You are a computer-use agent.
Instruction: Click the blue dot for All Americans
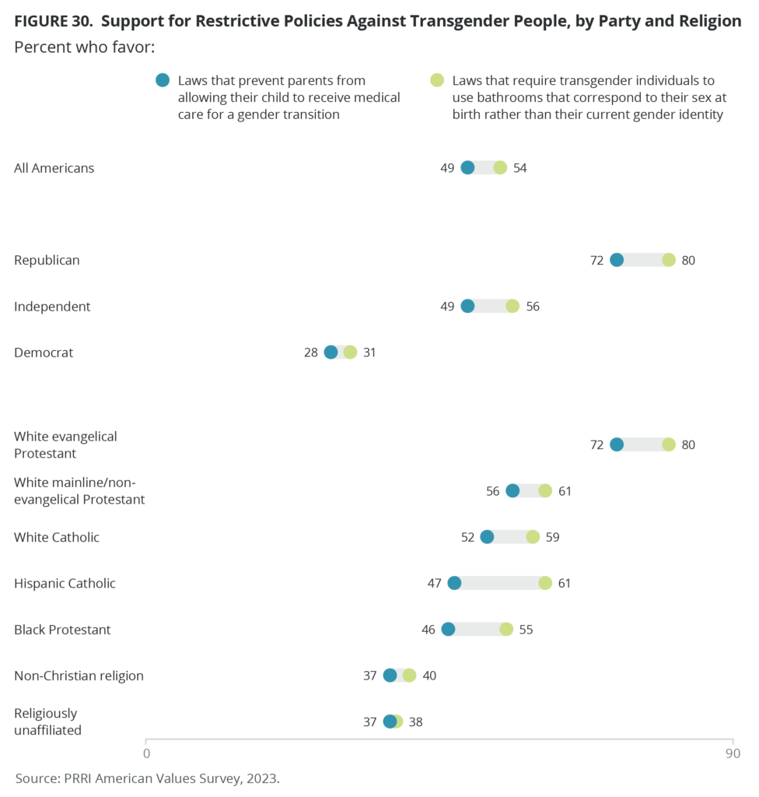point(467,167)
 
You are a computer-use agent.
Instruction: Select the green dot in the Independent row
point(512,306)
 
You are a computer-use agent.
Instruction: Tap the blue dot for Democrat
point(331,352)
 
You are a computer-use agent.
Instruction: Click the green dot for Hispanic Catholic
point(545,583)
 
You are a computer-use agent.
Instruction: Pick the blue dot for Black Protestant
point(448,629)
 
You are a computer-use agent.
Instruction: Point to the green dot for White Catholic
point(533,537)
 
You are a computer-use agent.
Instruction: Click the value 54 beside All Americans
point(520,168)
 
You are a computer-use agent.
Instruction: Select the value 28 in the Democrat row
point(311,353)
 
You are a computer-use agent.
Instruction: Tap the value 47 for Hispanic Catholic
point(434,583)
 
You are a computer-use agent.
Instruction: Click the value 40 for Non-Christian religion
point(429,676)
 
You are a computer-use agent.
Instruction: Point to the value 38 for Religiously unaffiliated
point(415,722)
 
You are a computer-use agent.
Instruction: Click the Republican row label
point(47,260)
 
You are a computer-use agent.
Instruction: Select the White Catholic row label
point(57,537)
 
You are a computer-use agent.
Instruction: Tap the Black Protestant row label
point(62,629)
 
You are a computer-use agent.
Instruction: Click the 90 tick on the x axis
point(732,753)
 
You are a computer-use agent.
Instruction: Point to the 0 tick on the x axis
point(146,753)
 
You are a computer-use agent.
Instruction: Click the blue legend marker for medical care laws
point(163,80)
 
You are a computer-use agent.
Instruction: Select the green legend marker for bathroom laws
point(437,80)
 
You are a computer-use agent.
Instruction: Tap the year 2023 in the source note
point(261,778)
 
